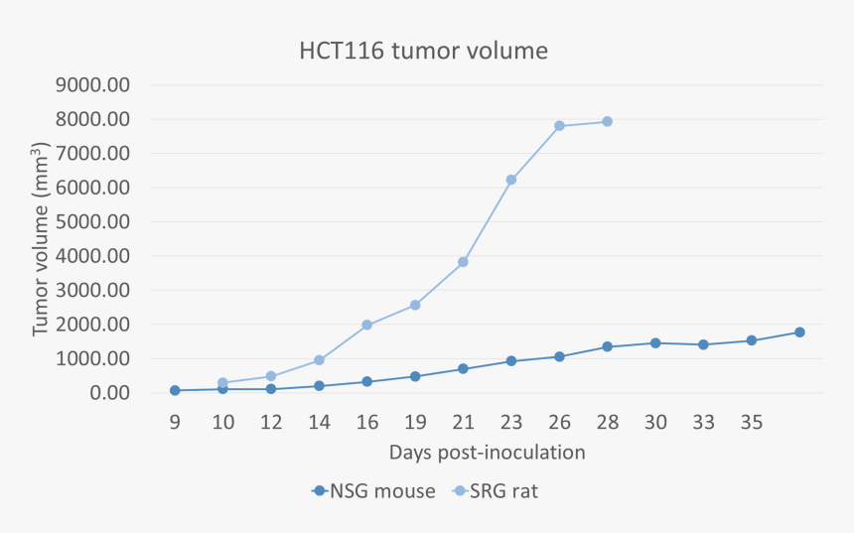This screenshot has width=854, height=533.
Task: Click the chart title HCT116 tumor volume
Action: [424, 50]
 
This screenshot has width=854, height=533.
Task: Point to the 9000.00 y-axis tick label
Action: [93, 85]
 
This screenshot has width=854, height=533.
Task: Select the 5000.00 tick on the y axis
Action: [93, 222]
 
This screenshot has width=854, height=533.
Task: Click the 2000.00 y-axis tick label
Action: [93, 325]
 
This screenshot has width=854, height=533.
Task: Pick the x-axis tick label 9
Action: [175, 422]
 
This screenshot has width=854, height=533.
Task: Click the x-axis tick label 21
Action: [463, 422]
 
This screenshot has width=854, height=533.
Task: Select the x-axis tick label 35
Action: [752, 422]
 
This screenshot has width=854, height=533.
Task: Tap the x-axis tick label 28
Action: [608, 422]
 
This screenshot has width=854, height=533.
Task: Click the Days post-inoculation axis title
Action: [487, 453]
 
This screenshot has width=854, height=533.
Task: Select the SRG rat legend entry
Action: [495, 490]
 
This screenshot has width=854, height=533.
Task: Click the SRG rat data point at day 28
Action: [608, 122]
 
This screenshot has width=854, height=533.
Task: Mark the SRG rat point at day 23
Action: [511, 180]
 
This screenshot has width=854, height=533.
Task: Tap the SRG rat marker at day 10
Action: [222, 382]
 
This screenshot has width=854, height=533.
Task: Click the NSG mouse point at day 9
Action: [175, 390]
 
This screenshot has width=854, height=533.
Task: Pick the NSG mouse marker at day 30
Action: [655, 342]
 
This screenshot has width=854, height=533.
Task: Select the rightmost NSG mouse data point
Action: [799, 333]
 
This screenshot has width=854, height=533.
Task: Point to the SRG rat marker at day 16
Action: [367, 325]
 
